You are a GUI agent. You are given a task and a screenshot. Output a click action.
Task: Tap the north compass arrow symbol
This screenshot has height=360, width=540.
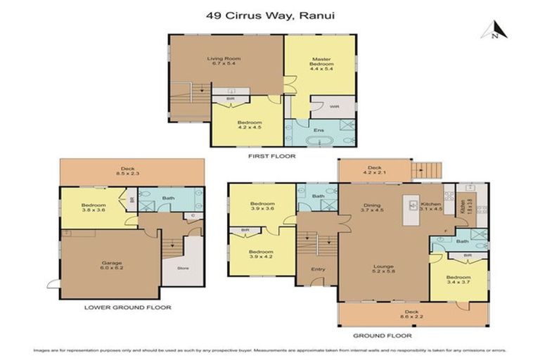(489, 30)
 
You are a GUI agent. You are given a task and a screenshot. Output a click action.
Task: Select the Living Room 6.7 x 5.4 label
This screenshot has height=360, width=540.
(224, 61)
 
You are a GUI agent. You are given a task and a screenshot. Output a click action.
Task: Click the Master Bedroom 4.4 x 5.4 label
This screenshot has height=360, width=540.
(320, 63)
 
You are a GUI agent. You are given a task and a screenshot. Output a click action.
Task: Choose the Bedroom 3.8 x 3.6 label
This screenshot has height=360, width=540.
(92, 207)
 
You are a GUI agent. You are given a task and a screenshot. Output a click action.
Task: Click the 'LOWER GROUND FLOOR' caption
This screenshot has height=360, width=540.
(128, 307)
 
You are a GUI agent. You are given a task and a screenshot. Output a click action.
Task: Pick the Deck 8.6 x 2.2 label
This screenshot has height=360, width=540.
(413, 314)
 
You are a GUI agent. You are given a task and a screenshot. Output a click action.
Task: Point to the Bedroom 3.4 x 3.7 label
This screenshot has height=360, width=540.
(458, 280)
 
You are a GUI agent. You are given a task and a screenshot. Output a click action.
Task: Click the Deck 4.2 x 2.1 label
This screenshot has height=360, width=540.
(374, 169)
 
